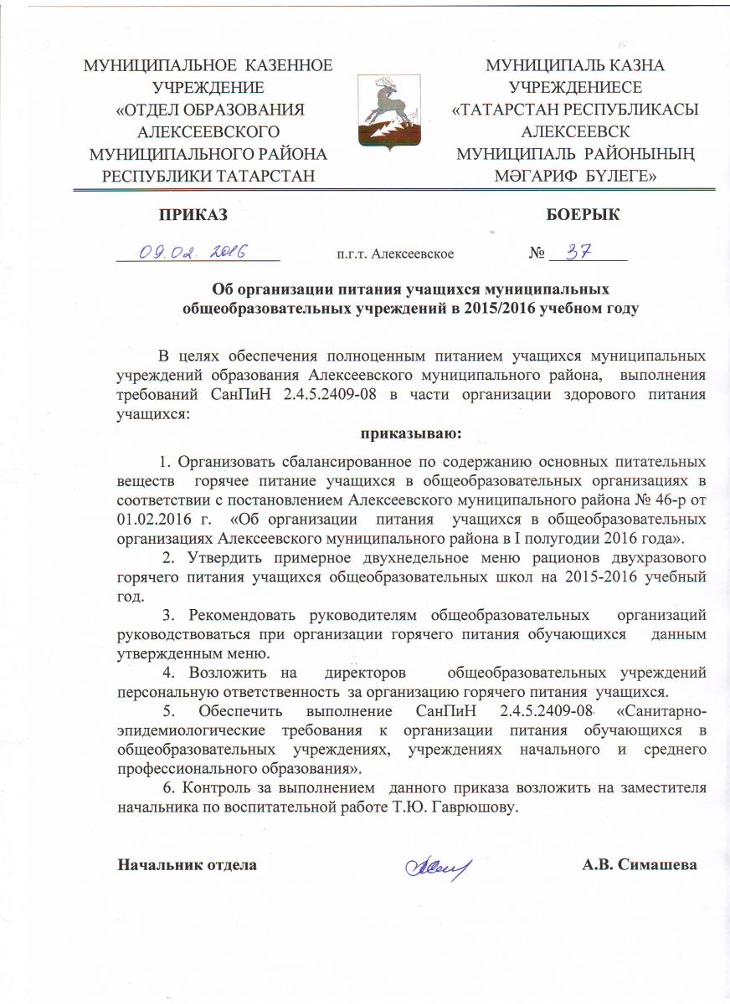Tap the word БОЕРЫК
[x=583, y=214]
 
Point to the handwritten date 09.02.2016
[x=187, y=251]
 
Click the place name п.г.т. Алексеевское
[x=394, y=253]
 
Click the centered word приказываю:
[x=411, y=433]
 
